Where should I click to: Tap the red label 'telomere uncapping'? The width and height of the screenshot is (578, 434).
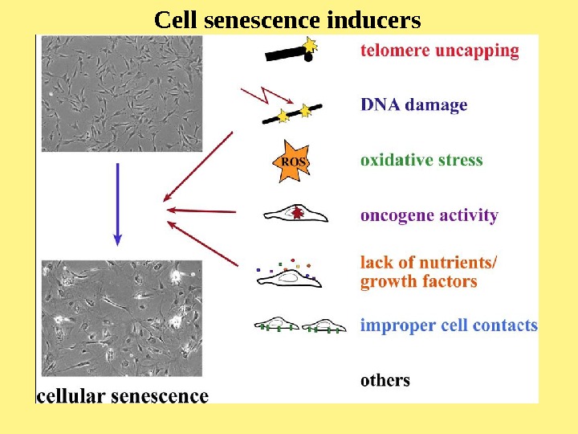point(440,51)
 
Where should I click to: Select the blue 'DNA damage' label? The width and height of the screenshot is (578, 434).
point(413,104)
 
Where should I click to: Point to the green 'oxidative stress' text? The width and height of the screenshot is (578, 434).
point(421,160)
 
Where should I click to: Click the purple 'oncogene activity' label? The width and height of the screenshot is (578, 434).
point(429,215)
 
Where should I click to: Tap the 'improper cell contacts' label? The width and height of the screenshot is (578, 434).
point(448,325)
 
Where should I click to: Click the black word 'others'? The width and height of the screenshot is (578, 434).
point(385,380)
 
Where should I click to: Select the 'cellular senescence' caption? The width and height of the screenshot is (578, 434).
point(123,395)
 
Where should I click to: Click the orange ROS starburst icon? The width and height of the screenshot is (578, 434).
point(293,161)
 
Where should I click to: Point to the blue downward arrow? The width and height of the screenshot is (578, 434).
point(118,203)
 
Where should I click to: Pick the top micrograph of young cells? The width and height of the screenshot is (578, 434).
point(121,92)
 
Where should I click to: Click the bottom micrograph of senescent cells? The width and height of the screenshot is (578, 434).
point(121,318)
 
